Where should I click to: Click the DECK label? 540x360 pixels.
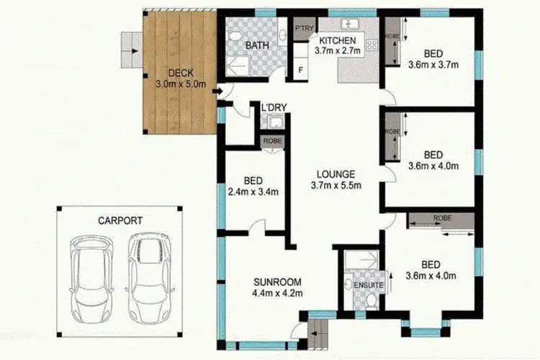[180, 73]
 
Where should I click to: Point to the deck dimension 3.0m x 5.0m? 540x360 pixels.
[180, 84]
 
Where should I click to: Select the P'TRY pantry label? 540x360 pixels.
[302, 29]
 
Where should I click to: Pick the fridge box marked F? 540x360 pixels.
[300, 71]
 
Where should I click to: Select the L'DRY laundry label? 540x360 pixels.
[274, 108]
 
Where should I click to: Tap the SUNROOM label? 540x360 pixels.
[276, 282]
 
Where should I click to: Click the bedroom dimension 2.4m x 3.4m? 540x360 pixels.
[253, 192]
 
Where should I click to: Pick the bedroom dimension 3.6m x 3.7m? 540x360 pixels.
[433, 65]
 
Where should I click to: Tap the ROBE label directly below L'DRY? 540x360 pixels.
[272, 141]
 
